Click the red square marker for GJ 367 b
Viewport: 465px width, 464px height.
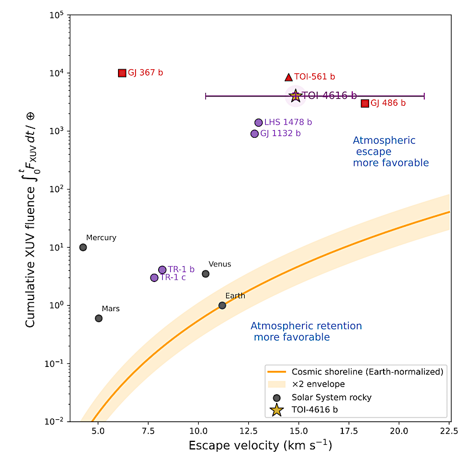(122, 73)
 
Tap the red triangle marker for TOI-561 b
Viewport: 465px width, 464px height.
(288, 77)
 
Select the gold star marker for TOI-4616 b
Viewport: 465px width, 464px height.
(295, 96)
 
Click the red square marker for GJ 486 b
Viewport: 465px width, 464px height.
(365, 103)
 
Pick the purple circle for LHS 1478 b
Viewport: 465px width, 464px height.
(259, 123)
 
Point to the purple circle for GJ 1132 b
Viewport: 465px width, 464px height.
(255, 134)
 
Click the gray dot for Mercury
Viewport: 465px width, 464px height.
(83, 247)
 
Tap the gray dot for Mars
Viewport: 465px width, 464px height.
(99, 318)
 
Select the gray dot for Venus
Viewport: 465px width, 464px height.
(206, 274)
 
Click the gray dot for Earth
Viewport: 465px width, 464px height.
(222, 305)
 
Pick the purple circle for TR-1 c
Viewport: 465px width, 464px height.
(154, 278)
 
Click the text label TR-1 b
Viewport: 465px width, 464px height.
(181, 270)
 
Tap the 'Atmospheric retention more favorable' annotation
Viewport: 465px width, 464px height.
(306, 331)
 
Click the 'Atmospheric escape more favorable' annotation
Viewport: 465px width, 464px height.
(390, 152)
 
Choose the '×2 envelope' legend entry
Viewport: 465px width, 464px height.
(318, 384)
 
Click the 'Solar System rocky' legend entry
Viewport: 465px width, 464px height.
(331, 397)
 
